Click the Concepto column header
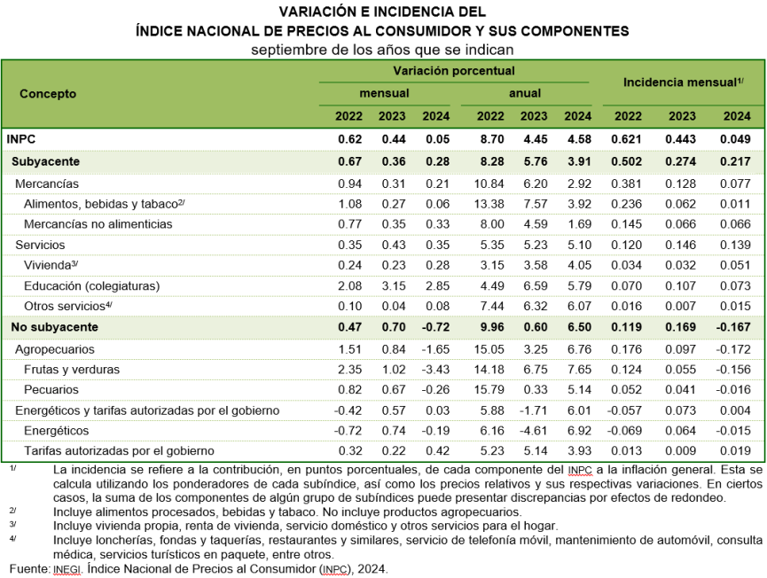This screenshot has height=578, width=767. (x=48, y=93)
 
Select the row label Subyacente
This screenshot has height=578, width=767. (x=45, y=161)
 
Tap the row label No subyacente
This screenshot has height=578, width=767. (x=55, y=327)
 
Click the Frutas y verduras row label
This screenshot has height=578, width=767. (x=72, y=369)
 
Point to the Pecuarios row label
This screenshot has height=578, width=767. (x=51, y=389)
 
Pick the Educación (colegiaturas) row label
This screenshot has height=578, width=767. (x=92, y=285)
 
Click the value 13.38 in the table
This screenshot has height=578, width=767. (x=489, y=204)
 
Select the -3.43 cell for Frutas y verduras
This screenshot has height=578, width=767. (x=436, y=369)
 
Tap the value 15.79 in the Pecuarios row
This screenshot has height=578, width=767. (x=489, y=389)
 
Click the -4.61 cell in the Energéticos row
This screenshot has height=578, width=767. (x=533, y=430)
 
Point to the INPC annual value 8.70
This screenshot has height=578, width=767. (x=492, y=139)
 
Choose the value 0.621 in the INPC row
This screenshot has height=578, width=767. (x=627, y=139)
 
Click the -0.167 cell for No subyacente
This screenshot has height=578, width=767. (x=733, y=327)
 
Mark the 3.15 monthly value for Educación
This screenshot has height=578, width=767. (x=394, y=285)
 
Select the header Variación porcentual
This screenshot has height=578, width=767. (x=454, y=71)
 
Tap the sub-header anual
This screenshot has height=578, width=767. (x=525, y=93)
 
